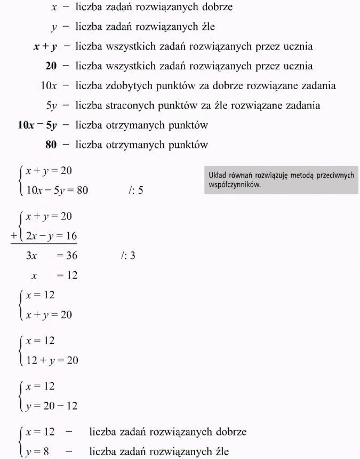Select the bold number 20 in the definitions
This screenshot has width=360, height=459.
52,66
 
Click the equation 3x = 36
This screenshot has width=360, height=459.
51,256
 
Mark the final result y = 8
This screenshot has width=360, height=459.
38,452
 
